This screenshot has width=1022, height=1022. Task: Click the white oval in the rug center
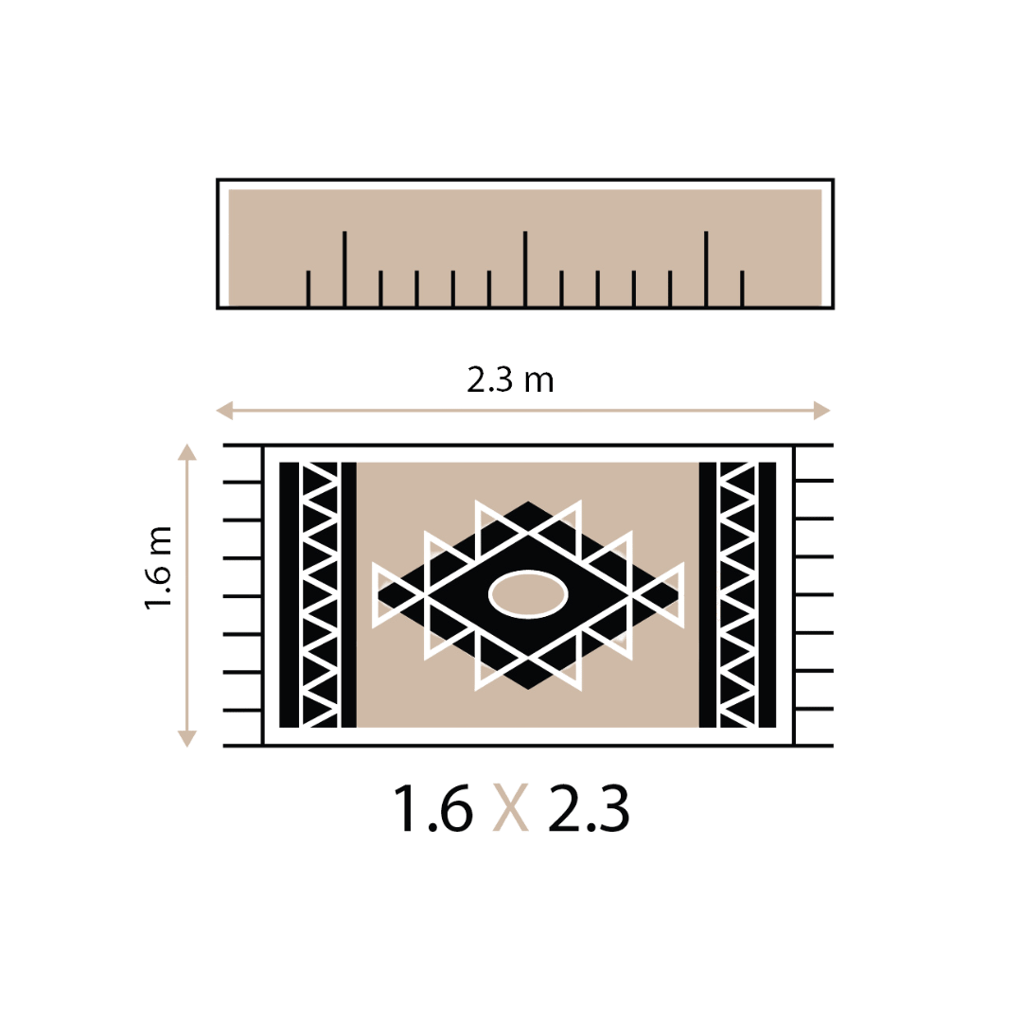(528, 595)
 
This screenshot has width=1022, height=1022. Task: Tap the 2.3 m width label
(511, 380)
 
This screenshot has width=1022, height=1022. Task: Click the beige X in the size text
(511, 810)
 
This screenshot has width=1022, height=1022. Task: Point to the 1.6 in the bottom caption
(433, 810)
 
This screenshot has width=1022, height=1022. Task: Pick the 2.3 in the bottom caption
(589, 810)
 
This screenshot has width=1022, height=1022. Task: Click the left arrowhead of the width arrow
(224, 411)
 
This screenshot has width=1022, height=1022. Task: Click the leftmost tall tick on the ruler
(344, 269)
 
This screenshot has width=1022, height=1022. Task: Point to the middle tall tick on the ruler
(525, 269)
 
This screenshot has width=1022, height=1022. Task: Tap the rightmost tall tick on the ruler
(706, 269)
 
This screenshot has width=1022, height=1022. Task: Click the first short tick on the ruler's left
(308, 289)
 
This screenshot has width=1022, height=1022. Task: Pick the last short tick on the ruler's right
(742, 289)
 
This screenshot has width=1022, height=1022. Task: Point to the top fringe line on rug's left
(242, 445)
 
